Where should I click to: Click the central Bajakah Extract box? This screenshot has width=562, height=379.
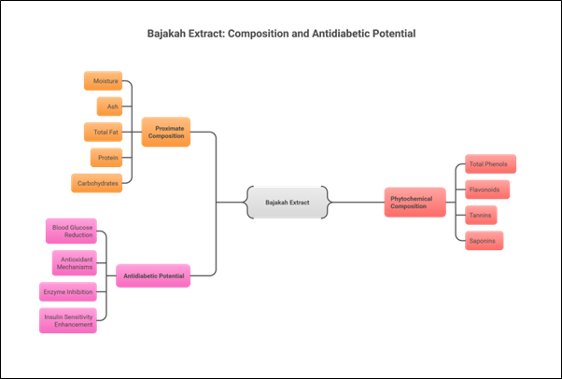pyautogui.click(x=287, y=202)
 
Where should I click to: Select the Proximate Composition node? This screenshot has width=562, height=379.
pyautogui.click(x=165, y=132)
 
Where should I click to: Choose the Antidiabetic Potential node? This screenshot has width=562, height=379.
pyautogui.click(x=153, y=275)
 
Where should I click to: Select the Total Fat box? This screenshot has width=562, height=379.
pyautogui.click(x=103, y=132)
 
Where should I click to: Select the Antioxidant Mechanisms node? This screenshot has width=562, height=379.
pyautogui.click(x=74, y=261)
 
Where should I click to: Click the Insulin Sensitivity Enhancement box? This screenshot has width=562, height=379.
pyautogui.click(x=68, y=320)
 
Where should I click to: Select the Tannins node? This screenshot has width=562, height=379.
pyautogui.click(x=482, y=216)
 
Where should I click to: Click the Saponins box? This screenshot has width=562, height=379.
pyautogui.click(x=485, y=241)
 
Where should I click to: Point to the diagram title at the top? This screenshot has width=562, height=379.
pyautogui.click(x=281, y=34)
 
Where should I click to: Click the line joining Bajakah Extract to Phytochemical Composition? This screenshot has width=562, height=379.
pyautogui.click(x=356, y=202)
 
